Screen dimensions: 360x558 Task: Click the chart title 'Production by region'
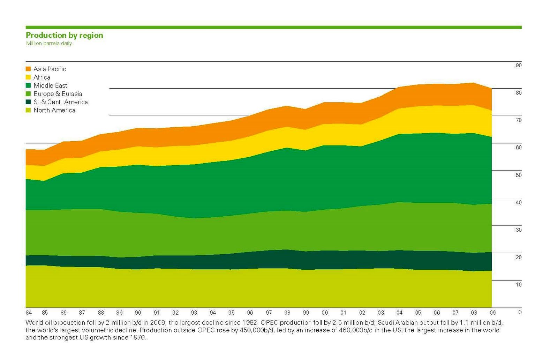click(65, 35)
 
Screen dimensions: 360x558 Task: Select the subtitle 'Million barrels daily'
click(49, 43)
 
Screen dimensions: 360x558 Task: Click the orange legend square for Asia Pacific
click(28, 69)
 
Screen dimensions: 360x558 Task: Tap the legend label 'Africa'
click(42, 77)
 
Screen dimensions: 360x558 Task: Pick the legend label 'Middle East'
click(50, 85)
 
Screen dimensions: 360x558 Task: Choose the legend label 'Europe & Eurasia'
click(58, 94)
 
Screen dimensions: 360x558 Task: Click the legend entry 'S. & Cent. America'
click(61, 102)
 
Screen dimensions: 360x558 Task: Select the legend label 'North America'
click(54, 110)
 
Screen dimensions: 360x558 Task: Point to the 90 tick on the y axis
click(519, 66)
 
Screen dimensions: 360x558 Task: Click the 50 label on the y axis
click(519, 175)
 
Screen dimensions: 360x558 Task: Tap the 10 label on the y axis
click(519, 285)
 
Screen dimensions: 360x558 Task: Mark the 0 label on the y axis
click(520, 312)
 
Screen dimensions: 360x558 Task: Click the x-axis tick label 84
click(29, 313)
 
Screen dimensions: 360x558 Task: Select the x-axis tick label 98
click(287, 313)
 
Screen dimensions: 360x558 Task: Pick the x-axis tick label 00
click(325, 313)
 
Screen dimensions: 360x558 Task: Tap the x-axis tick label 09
click(492, 313)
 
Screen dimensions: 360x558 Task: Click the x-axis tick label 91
click(157, 313)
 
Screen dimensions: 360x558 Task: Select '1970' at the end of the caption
click(137, 338)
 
